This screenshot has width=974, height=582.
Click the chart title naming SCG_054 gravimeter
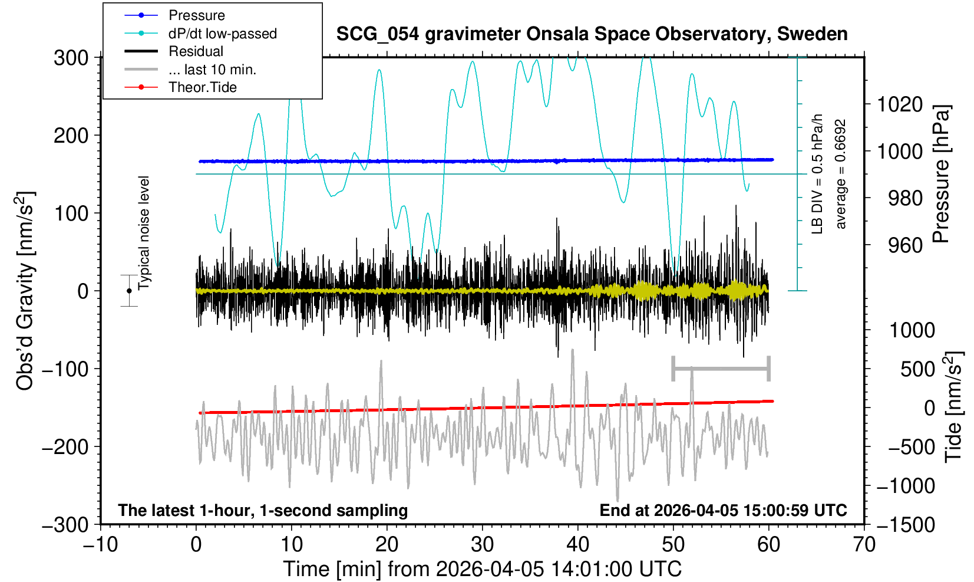pyautogui.click(x=592, y=34)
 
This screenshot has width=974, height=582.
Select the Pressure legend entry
pyautogui.click(x=196, y=15)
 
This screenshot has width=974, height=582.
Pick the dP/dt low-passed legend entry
pyautogui.click(x=222, y=34)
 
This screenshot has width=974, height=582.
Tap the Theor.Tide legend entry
pyautogui.click(x=202, y=87)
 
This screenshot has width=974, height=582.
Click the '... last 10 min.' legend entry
pyautogui.click(x=212, y=70)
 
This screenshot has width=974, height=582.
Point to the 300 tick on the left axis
pyautogui.click(x=71, y=58)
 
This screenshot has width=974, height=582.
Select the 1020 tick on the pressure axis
pyautogui.click(x=900, y=104)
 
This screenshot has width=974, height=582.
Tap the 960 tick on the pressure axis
pyautogui.click(x=906, y=245)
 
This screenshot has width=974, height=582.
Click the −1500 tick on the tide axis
pyautogui.click(x=906, y=524)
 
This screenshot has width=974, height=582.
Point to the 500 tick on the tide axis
pyautogui.click(x=917, y=369)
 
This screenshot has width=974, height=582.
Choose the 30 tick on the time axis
pyautogui.click(x=482, y=544)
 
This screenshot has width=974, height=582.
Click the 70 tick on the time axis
pyautogui.click(x=864, y=544)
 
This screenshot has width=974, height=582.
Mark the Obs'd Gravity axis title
pyautogui.click(x=25, y=291)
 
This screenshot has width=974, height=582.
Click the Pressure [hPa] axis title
pyautogui.click(x=942, y=175)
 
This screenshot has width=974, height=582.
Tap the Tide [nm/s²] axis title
pyautogui.click(x=953, y=407)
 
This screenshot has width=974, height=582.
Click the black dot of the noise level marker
pyautogui.click(x=129, y=291)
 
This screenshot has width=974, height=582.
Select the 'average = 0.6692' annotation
pyautogui.click(x=841, y=175)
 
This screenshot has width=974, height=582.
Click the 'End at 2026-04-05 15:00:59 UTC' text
pyautogui.click(x=723, y=510)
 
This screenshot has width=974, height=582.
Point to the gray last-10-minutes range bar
pyautogui.click(x=721, y=369)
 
